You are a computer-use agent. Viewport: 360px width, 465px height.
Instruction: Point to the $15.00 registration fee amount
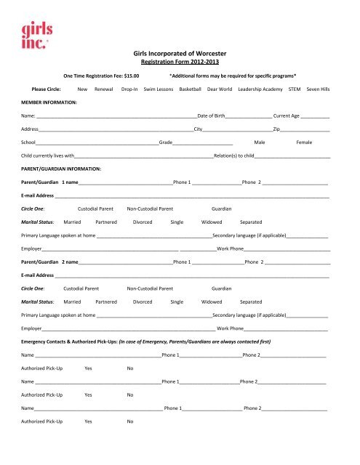tap(132, 75)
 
